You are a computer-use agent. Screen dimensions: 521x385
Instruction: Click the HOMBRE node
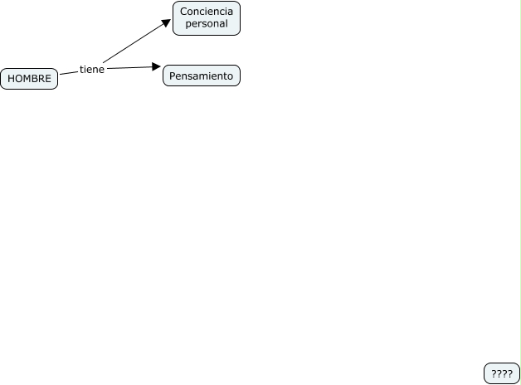point(29,79)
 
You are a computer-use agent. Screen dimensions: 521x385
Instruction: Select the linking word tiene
point(92,70)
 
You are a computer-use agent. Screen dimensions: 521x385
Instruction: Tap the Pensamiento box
point(202,76)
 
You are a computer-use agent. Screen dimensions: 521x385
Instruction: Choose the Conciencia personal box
point(207,18)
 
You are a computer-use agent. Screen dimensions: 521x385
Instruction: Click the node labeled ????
point(502,374)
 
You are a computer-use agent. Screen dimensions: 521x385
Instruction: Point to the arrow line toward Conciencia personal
point(133,44)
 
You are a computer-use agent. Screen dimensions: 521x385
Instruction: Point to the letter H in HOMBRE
point(11,79)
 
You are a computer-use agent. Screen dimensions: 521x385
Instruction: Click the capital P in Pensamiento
point(172,76)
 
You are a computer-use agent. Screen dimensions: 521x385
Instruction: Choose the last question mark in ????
point(509,374)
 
